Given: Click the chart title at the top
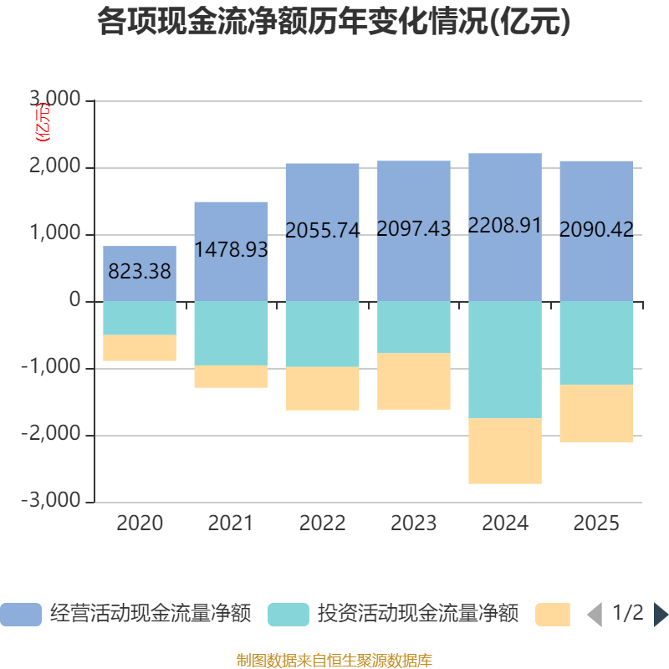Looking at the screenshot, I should [x=334, y=23].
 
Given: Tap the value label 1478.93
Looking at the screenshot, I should [x=231, y=249].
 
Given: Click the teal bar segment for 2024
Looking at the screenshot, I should [x=505, y=360].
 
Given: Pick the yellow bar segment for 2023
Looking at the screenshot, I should [x=414, y=381].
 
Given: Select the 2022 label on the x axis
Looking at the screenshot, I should [x=322, y=523].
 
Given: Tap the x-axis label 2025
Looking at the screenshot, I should [x=596, y=523].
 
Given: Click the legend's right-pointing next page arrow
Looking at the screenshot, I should [x=661, y=615].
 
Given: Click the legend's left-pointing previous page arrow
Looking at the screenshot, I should [x=595, y=615].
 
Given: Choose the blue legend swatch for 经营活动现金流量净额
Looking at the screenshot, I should [x=20, y=615].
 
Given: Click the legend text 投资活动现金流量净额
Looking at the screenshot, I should [x=417, y=615].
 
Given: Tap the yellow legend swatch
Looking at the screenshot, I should [x=553, y=615].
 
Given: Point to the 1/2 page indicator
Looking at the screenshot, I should [x=627, y=614].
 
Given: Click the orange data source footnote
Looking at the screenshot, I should [x=334, y=661].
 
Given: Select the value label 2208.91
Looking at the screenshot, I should [x=505, y=225].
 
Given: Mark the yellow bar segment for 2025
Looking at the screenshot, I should [x=596, y=413].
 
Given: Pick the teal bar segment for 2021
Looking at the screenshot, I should [x=231, y=333].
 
